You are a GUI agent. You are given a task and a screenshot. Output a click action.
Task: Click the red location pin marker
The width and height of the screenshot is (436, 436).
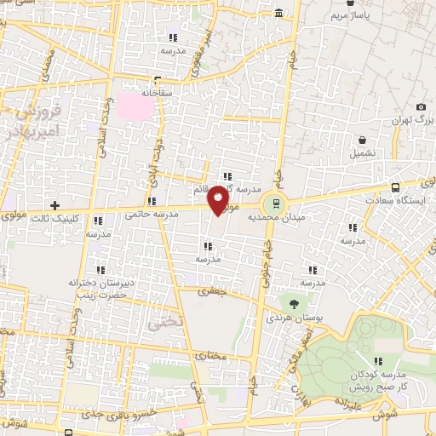tap(219, 199)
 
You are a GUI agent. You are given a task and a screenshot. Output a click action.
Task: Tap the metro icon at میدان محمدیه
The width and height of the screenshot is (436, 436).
tap(273, 203)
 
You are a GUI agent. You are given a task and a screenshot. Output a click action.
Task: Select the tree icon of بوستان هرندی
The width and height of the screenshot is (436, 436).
tap(295, 303)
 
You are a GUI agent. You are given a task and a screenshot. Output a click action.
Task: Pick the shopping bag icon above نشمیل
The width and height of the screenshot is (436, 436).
tap(363, 140)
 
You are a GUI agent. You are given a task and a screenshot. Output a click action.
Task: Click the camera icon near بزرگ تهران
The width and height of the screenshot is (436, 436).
tap(421, 106)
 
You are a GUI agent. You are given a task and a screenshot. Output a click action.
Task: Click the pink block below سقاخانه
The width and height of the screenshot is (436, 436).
tap(131, 107)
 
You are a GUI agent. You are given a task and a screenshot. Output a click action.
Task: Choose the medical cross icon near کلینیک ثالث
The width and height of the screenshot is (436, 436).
tap(54, 205)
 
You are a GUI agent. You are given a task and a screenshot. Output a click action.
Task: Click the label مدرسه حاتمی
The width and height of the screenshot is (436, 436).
tap(151, 215)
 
